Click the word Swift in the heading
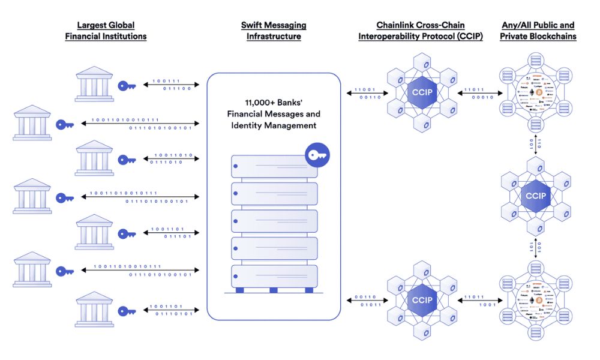(253, 25)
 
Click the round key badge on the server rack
(316, 155)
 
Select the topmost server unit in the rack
(274, 166)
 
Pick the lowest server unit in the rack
(274, 275)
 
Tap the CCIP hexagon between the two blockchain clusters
(535, 196)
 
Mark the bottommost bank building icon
(94, 309)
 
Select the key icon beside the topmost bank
(127, 86)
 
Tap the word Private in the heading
(514, 37)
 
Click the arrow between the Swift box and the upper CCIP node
(364, 93)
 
